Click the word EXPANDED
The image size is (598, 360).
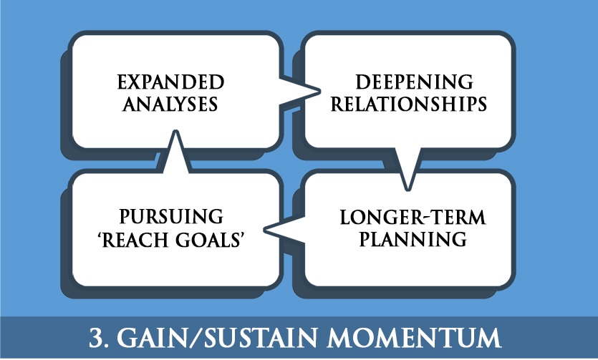click(x=170, y=82)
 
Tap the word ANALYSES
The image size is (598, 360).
click(x=170, y=104)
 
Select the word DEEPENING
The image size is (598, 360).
click(x=414, y=82)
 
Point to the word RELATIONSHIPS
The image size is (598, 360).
click(x=408, y=104)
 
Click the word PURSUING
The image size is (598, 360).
click(x=171, y=216)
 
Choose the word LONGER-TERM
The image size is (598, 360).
click(x=413, y=218)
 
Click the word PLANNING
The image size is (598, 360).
click(x=413, y=239)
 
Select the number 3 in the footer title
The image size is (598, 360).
click(x=96, y=337)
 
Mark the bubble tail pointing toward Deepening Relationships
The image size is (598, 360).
click(x=300, y=91)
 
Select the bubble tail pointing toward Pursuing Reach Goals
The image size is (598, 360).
click(x=284, y=230)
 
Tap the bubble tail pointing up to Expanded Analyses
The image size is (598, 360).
click(x=175, y=152)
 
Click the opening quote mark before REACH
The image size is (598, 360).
click(x=100, y=235)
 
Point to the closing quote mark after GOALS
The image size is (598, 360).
click(x=241, y=235)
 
